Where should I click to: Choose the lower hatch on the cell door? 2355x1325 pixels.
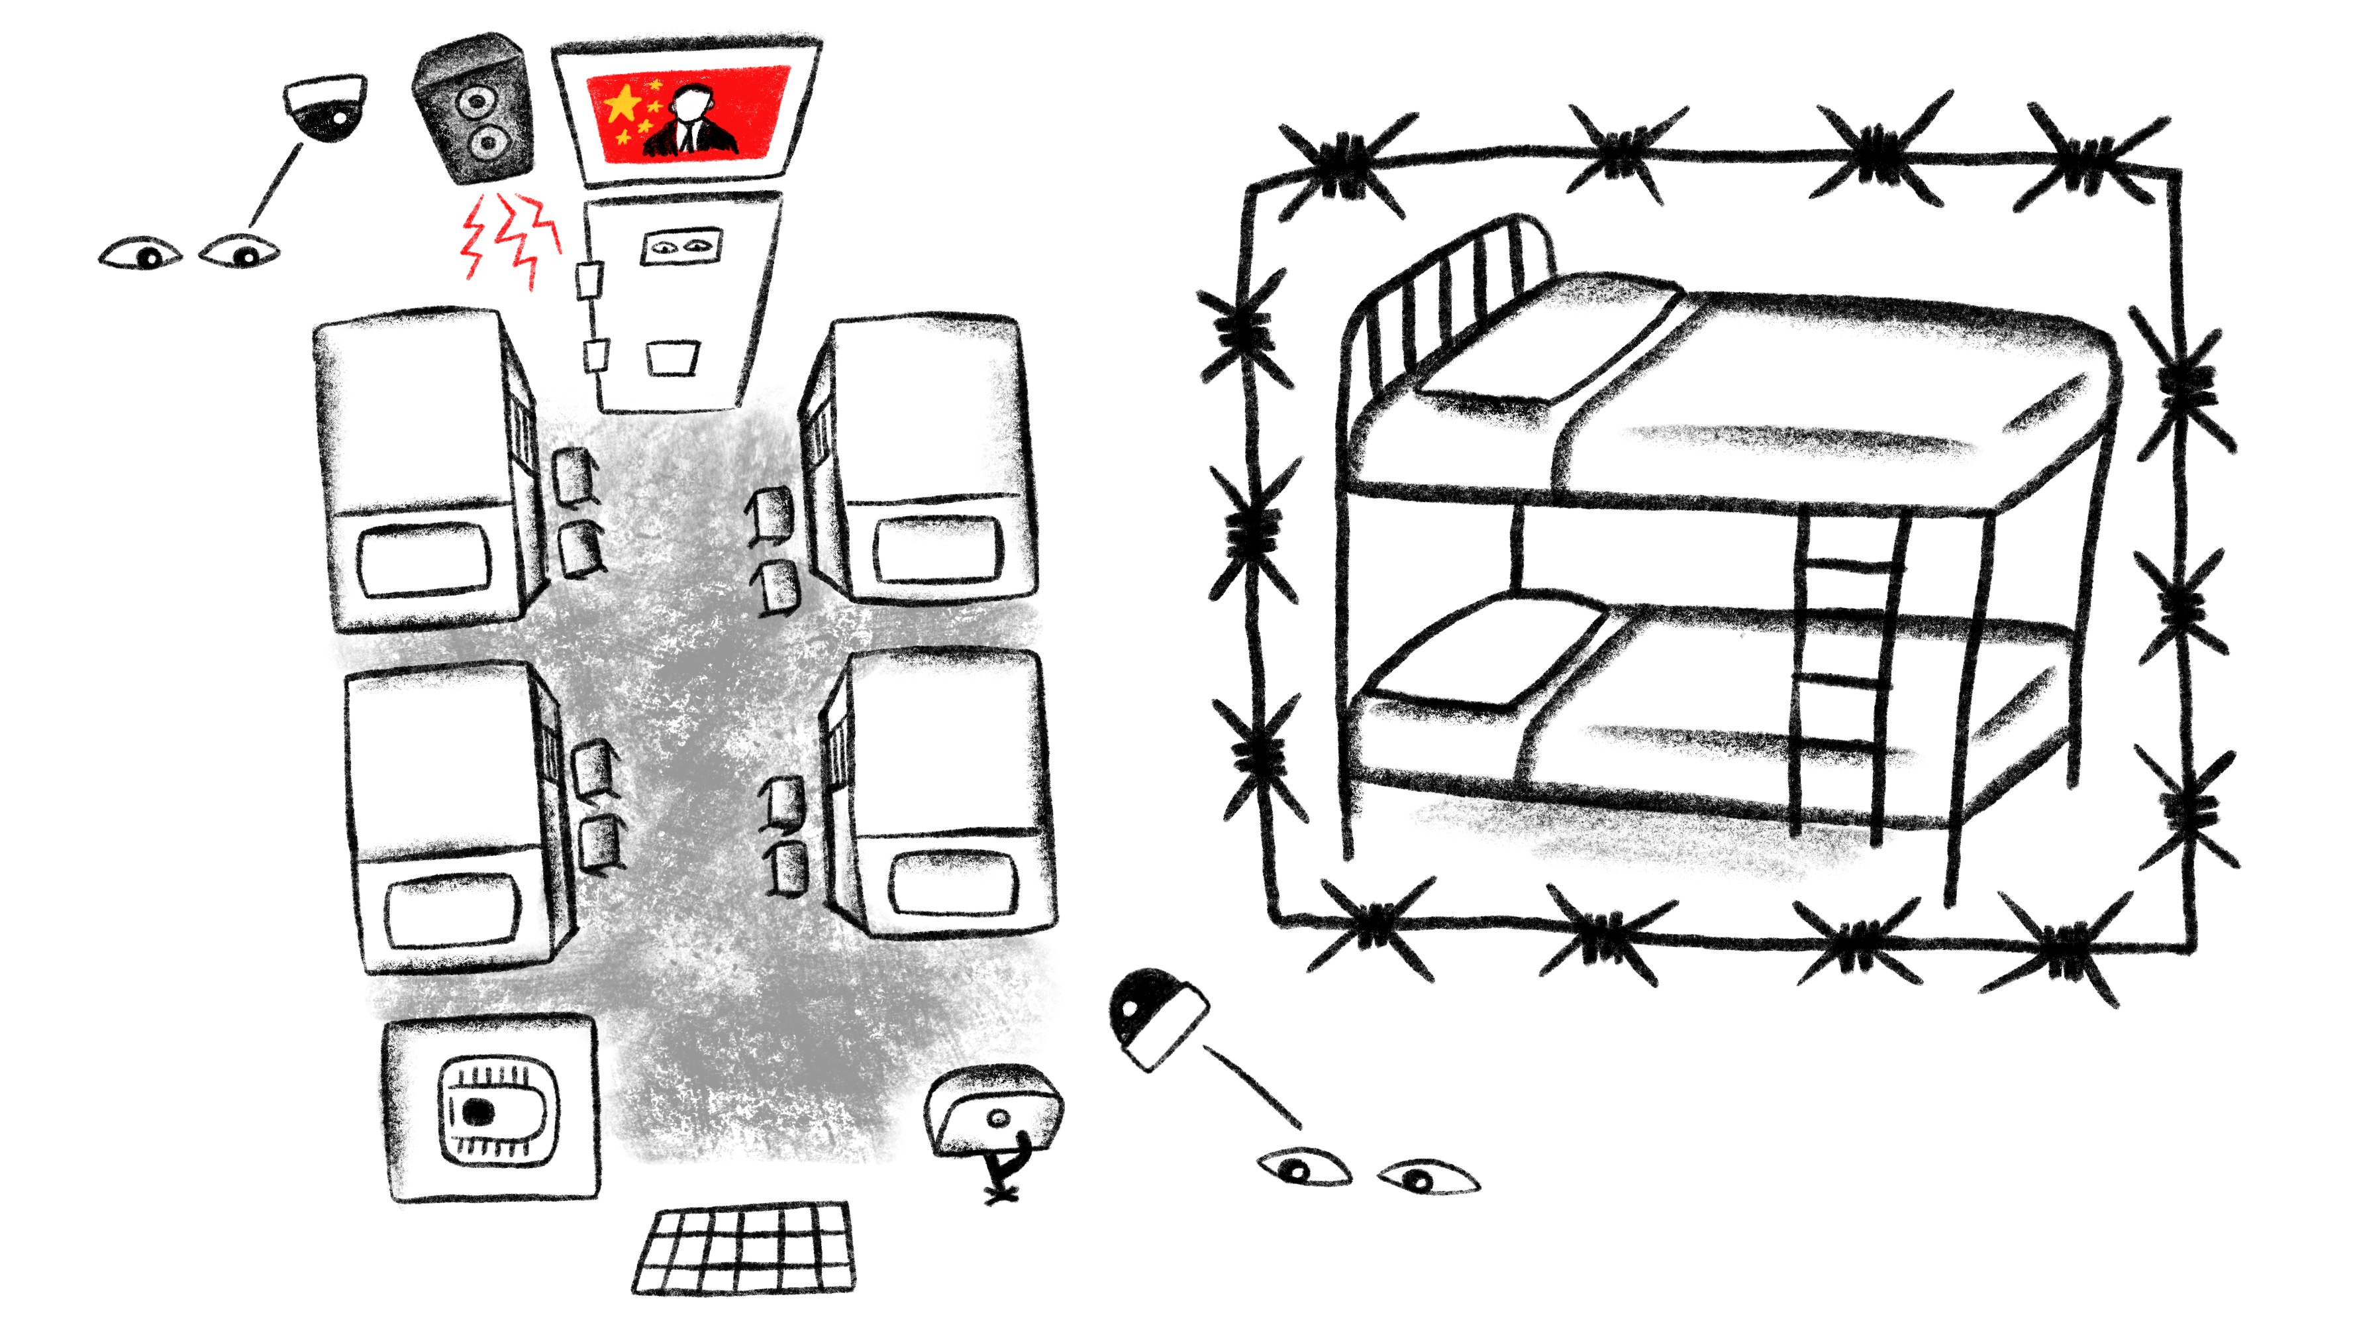click(x=673, y=358)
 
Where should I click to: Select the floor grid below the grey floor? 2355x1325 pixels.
click(x=745, y=1248)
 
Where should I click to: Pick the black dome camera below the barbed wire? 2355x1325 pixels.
click(x=1156, y=1015)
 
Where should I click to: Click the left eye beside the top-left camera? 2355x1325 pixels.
click(x=141, y=254)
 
